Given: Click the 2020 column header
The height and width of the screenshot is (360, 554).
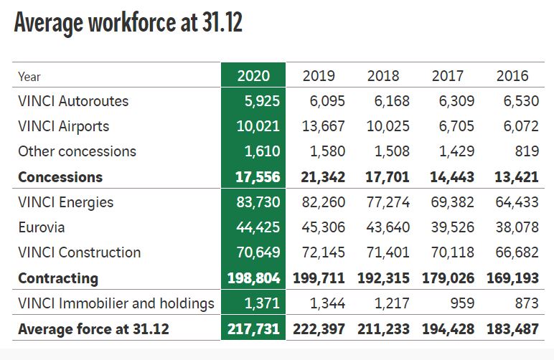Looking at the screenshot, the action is [x=253, y=76].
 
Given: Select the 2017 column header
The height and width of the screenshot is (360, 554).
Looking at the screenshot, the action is [x=447, y=76].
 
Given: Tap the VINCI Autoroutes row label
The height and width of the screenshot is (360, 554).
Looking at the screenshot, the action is [x=73, y=101].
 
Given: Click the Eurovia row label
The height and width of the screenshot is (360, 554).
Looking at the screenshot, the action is [x=42, y=227].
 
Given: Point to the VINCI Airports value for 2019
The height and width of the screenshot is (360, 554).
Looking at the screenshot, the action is [x=323, y=126].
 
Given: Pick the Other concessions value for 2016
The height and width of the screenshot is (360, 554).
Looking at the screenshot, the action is [x=527, y=151].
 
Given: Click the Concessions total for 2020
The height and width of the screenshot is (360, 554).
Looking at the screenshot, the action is [x=258, y=177].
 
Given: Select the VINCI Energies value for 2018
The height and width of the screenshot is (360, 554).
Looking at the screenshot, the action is [x=388, y=202].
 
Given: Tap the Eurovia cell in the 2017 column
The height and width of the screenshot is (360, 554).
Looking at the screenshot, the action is [x=453, y=227].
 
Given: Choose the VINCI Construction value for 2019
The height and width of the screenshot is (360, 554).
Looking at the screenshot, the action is [x=323, y=252].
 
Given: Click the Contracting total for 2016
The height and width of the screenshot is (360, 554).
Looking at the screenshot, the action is [x=512, y=278].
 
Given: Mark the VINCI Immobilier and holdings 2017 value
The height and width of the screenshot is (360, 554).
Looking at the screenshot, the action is [x=462, y=303].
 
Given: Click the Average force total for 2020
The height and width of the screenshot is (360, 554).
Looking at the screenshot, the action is [x=254, y=329].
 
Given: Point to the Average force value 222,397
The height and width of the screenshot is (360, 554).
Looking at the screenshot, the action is [x=319, y=329].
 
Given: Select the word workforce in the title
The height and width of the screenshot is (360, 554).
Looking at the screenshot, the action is [x=133, y=22].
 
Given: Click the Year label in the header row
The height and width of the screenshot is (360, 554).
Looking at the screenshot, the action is [x=29, y=77].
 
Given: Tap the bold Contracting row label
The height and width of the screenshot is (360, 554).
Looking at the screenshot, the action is [x=58, y=278].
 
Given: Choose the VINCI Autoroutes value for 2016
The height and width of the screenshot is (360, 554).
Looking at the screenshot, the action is [x=521, y=101].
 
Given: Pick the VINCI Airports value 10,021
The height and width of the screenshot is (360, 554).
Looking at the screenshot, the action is [x=258, y=126].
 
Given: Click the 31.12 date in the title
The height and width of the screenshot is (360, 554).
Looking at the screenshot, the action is [x=222, y=22].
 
